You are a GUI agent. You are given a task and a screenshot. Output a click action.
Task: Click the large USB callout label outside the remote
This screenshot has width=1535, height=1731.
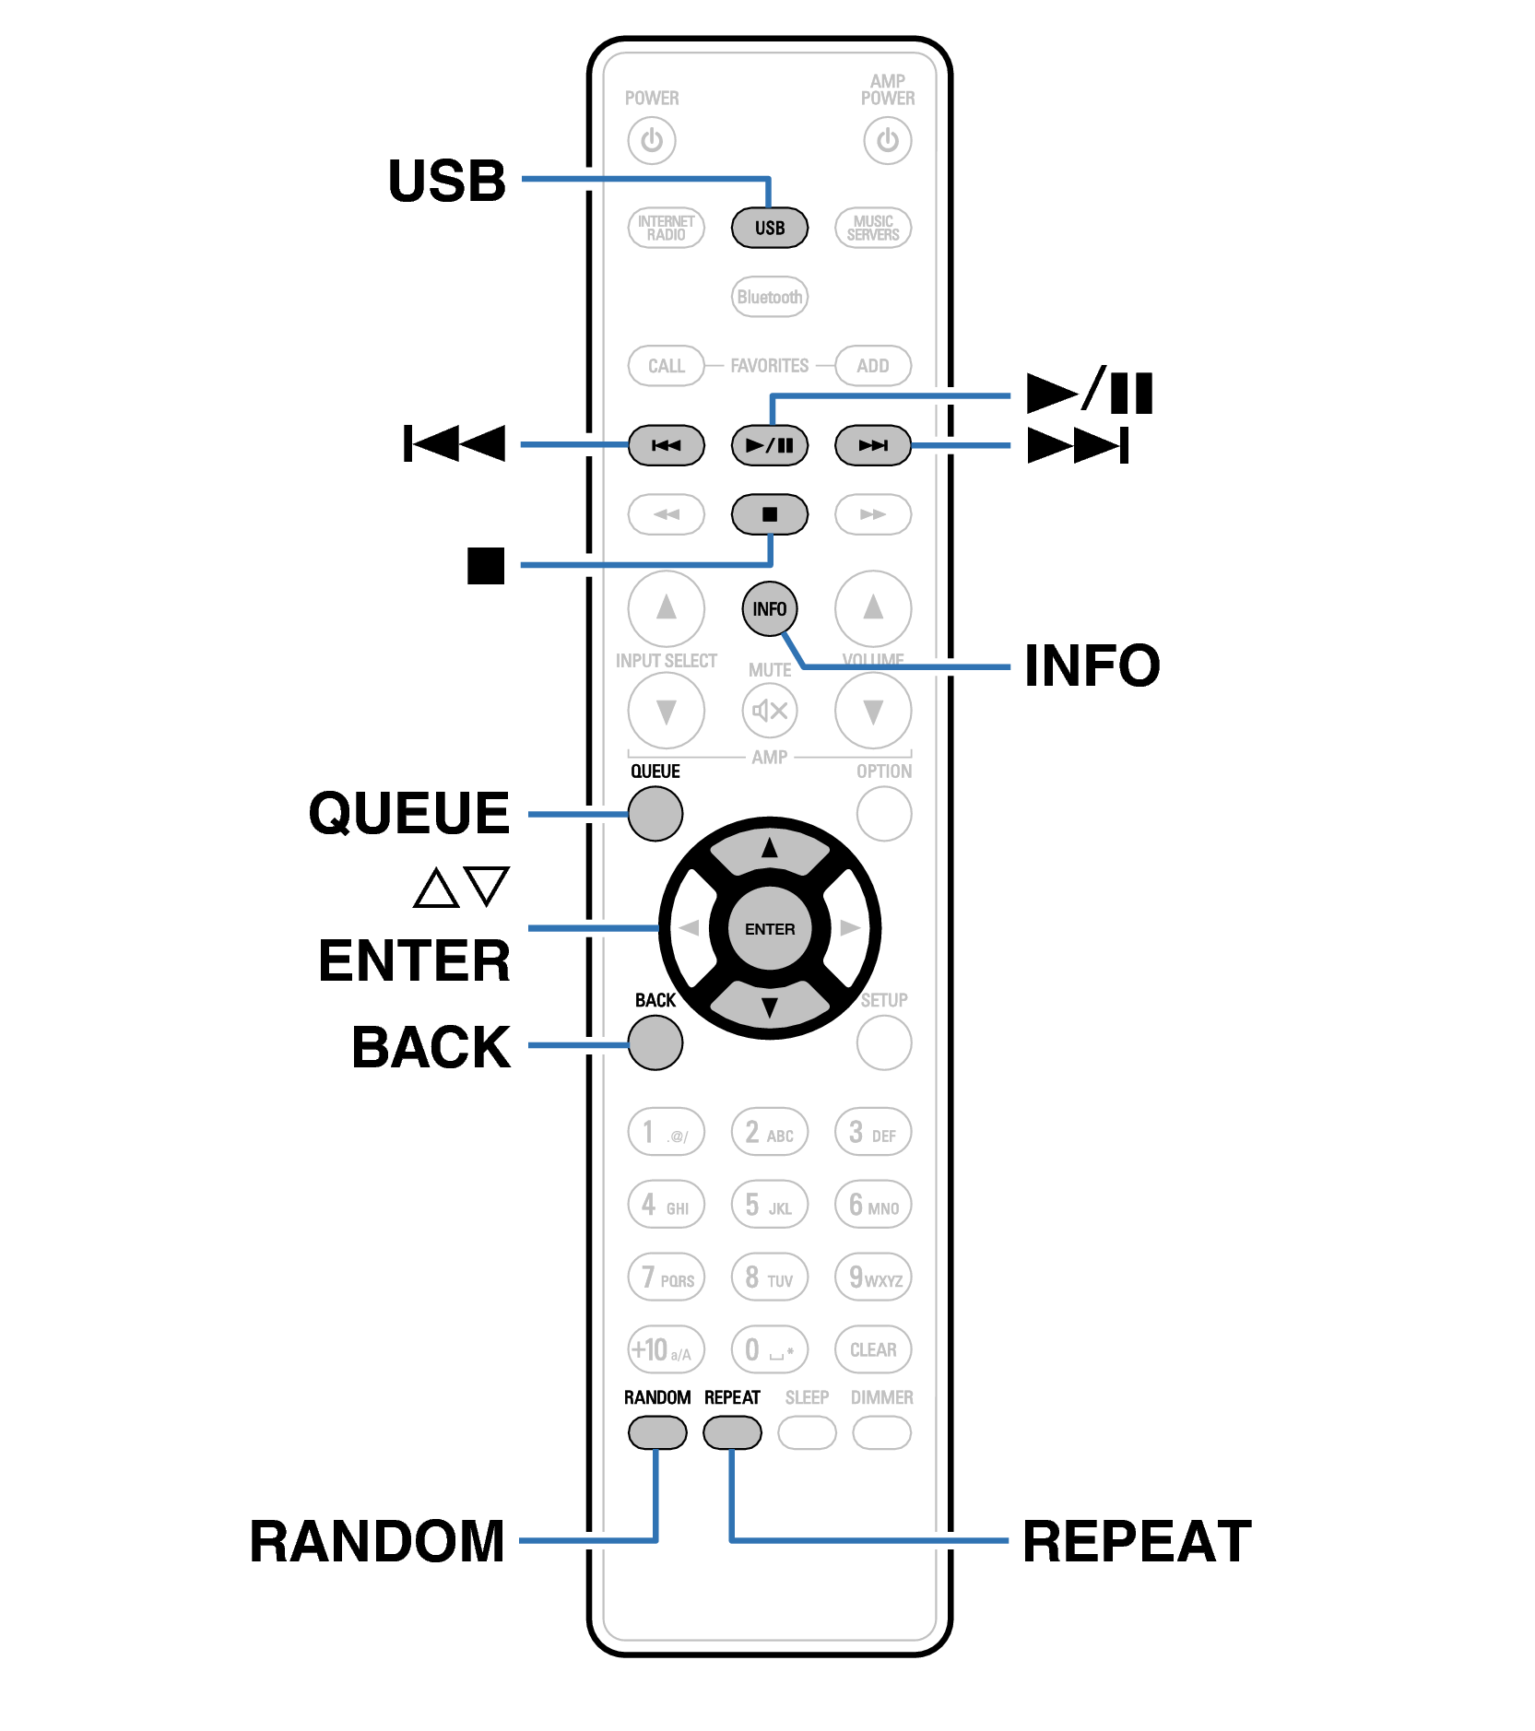447,181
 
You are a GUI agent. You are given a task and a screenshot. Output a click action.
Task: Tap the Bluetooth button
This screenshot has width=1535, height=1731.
769,297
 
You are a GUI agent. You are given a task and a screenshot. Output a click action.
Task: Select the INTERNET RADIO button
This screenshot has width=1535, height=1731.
666,228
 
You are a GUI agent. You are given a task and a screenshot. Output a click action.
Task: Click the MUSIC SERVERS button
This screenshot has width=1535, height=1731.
872,228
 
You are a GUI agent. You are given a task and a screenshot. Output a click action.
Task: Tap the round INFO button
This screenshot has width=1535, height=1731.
769,609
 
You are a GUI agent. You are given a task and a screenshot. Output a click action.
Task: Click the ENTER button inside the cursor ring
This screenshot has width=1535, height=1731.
769,929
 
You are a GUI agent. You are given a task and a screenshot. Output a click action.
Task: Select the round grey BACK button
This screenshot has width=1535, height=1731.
655,1042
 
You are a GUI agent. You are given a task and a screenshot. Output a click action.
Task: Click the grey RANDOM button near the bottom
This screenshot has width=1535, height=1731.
656,1432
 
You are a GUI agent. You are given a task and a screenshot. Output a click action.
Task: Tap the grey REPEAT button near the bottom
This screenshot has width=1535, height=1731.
732,1432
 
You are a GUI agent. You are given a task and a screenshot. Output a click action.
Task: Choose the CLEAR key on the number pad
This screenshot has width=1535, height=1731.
872,1349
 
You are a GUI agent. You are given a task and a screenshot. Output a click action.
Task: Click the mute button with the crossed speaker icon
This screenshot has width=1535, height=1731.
769,711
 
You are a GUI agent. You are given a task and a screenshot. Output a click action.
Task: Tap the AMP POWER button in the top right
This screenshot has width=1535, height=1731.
887,141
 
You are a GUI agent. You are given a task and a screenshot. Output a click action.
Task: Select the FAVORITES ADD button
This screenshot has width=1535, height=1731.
872,366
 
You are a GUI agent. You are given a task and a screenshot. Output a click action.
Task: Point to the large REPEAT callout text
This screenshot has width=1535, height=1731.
1137,1541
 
